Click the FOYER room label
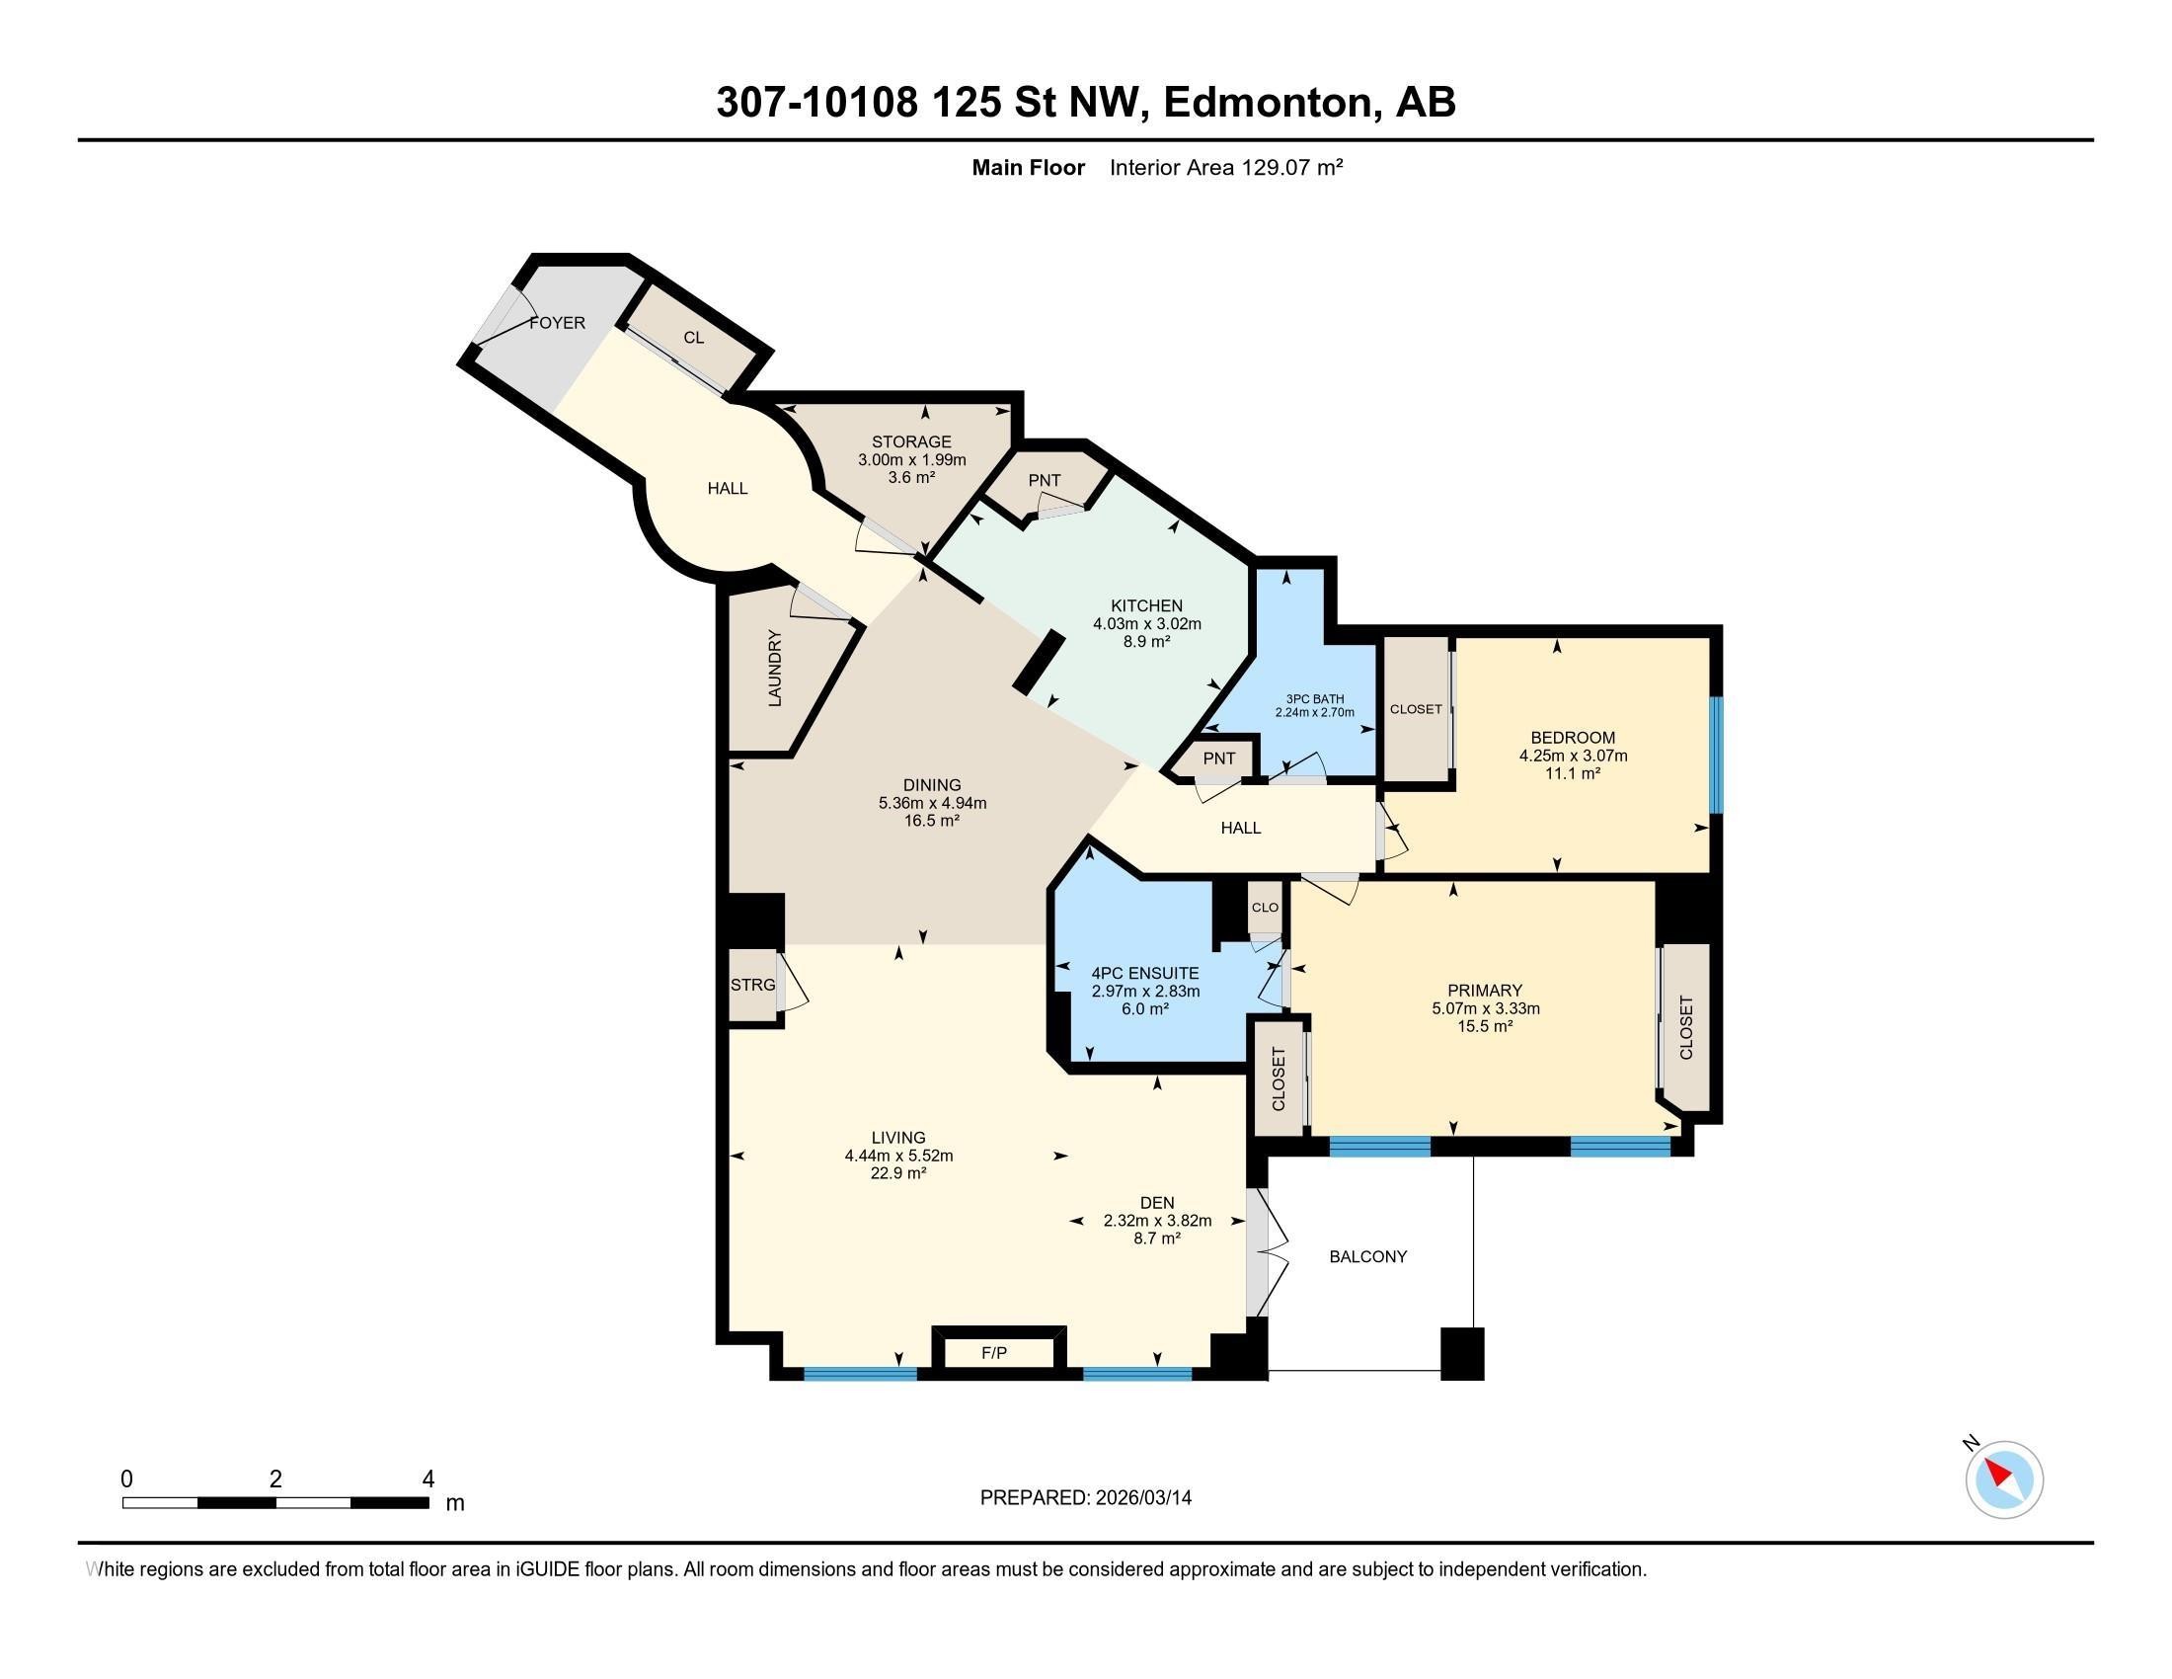tap(557, 323)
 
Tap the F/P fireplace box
tap(994, 1352)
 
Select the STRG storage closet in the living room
tap(753, 985)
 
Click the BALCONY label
tap(1368, 1256)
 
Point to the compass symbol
tap(2004, 1479)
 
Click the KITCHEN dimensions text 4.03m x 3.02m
tap(1146, 623)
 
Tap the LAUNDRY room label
tap(776, 669)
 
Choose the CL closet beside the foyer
tap(693, 337)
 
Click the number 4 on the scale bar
tap(427, 1479)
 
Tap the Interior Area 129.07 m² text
tap(1226, 167)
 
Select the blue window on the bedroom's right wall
tap(1717, 754)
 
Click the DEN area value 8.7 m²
tap(1157, 1239)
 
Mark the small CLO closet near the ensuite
tap(1265, 907)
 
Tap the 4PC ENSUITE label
tap(1144, 973)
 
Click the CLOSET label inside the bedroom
tap(1415, 709)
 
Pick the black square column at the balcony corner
tap(1462, 1354)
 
